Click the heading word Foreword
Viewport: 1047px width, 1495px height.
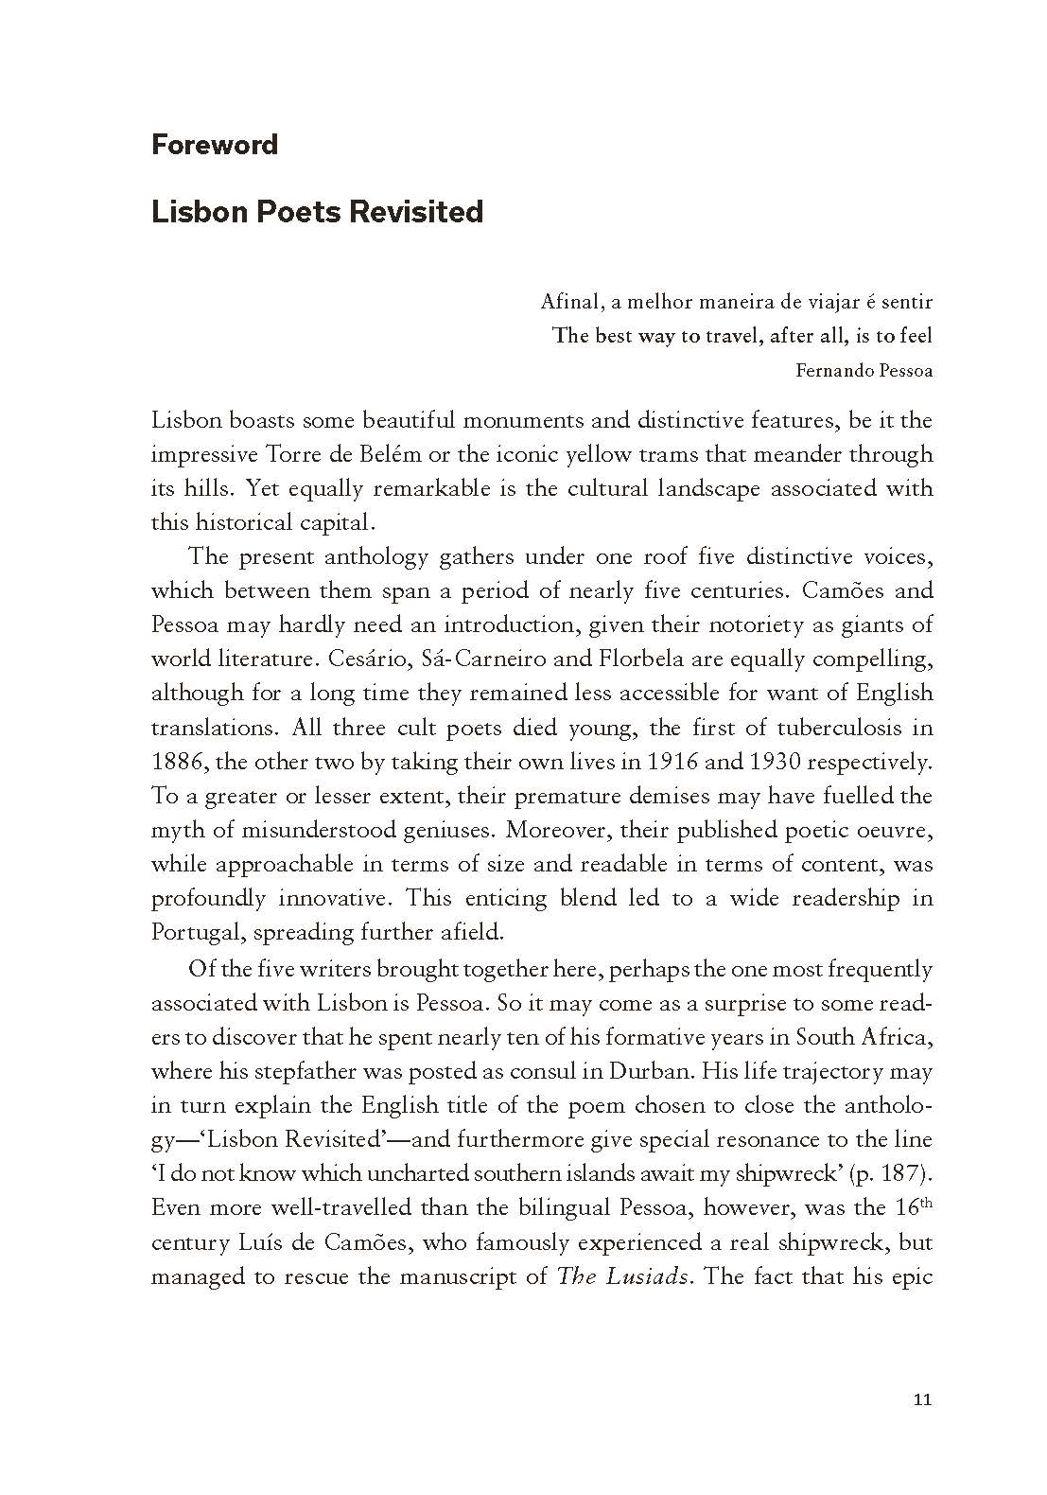(x=215, y=145)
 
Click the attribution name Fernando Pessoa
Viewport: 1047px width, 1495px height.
(x=864, y=370)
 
